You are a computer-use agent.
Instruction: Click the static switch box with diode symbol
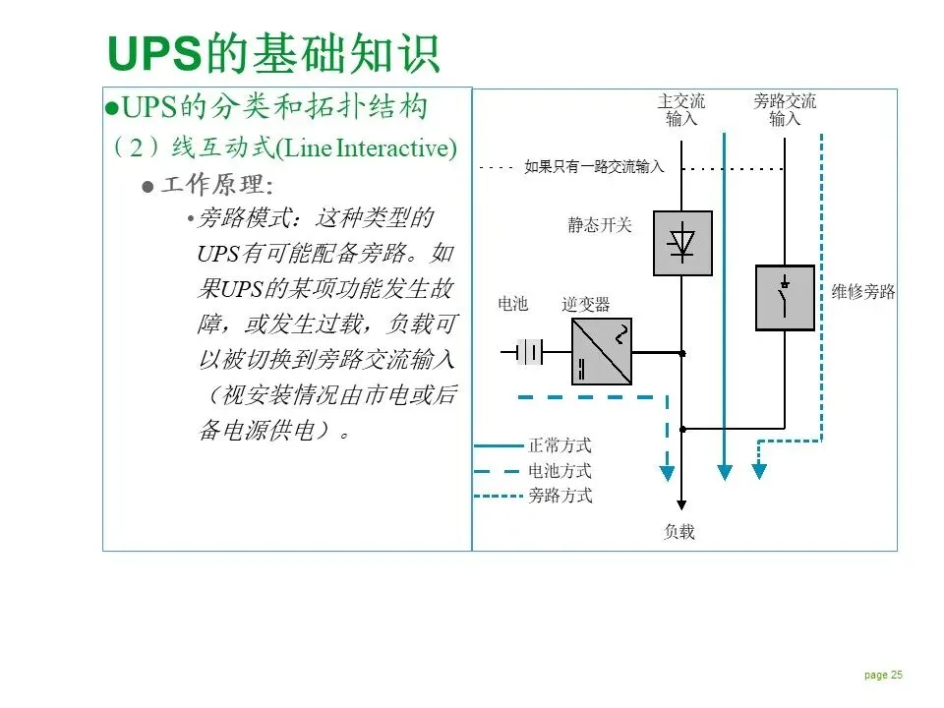[x=682, y=242]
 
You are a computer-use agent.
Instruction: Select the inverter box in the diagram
[x=602, y=351]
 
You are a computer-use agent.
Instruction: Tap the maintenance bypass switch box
[x=785, y=297]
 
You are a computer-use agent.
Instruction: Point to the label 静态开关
[x=600, y=225]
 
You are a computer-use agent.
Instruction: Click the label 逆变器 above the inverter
[x=586, y=304]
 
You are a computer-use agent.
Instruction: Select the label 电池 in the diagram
[x=513, y=304]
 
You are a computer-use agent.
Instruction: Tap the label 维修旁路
[x=863, y=292]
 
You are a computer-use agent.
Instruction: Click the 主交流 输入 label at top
[x=681, y=110]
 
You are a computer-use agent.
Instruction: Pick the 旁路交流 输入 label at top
[x=785, y=110]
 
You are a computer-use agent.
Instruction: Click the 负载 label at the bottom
[x=679, y=532]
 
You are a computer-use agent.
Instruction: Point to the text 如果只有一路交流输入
[x=594, y=167]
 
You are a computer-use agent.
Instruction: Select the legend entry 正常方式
[x=560, y=445]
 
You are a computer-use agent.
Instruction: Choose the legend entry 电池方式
[x=560, y=471]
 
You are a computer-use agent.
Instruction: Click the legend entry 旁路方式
[x=560, y=496]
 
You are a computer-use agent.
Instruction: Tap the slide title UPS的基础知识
[x=273, y=54]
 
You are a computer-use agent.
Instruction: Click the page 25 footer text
[x=883, y=675]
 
